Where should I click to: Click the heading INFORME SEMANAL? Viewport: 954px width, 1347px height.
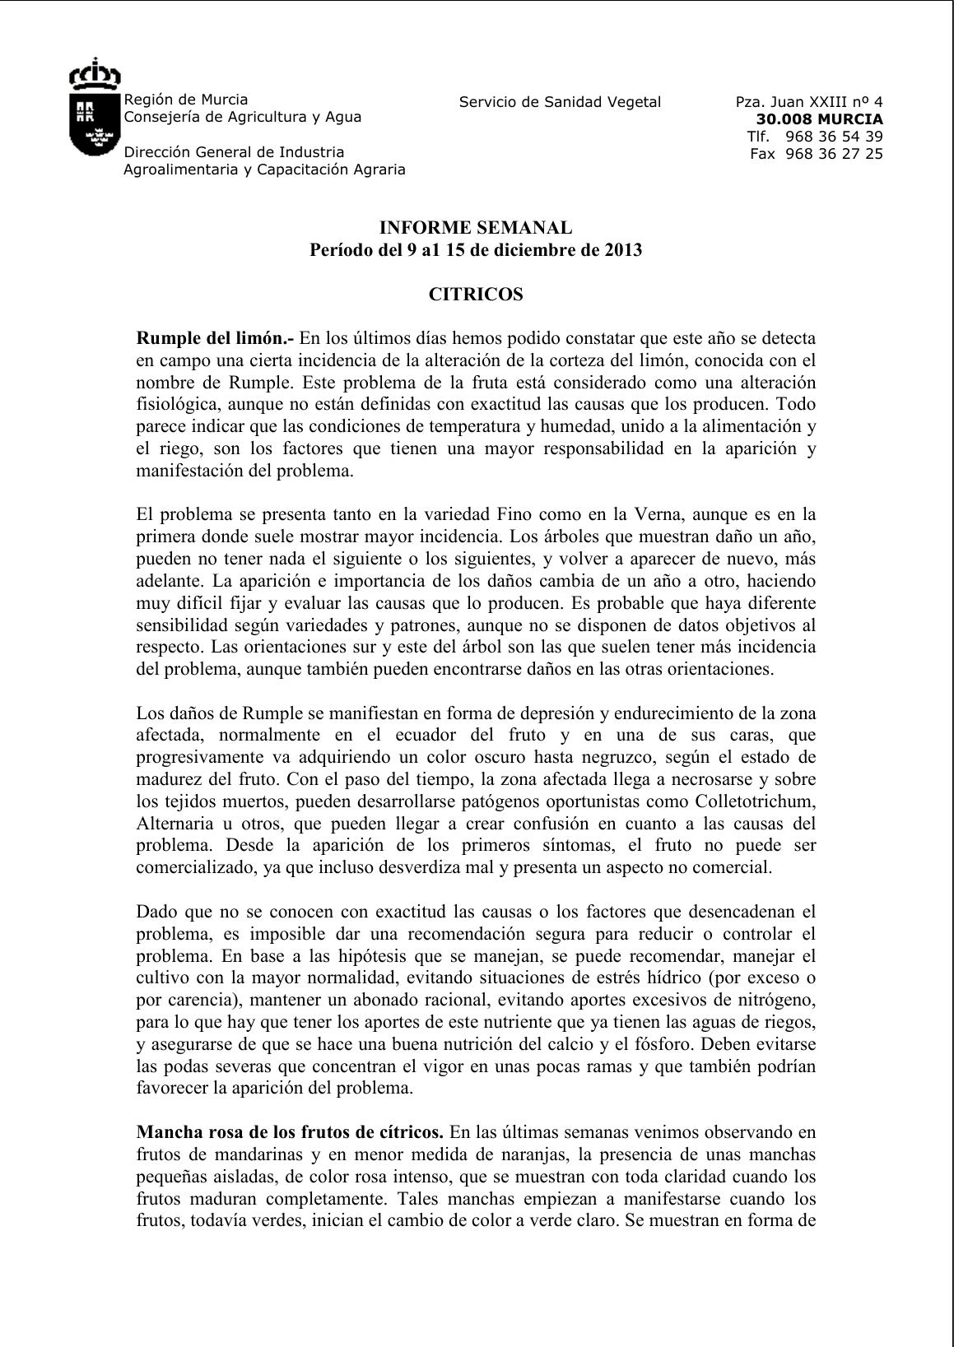[x=475, y=228]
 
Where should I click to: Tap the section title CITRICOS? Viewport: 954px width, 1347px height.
[x=476, y=295]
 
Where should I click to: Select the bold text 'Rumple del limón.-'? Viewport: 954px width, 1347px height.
[x=215, y=338]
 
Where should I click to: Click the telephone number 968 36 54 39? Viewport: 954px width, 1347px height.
[x=834, y=137]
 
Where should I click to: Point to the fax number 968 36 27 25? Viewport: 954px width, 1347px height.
[x=834, y=154]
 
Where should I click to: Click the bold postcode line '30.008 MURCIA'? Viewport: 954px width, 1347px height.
[x=819, y=119]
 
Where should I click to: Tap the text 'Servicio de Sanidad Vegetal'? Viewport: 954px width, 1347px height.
[x=560, y=102]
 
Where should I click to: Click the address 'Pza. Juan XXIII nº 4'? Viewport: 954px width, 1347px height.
[x=809, y=102]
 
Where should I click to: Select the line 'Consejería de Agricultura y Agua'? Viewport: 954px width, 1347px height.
[x=242, y=117]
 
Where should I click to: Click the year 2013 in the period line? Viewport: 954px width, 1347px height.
[x=621, y=250]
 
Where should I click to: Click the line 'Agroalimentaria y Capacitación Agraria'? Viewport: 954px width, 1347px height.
[x=264, y=170]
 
